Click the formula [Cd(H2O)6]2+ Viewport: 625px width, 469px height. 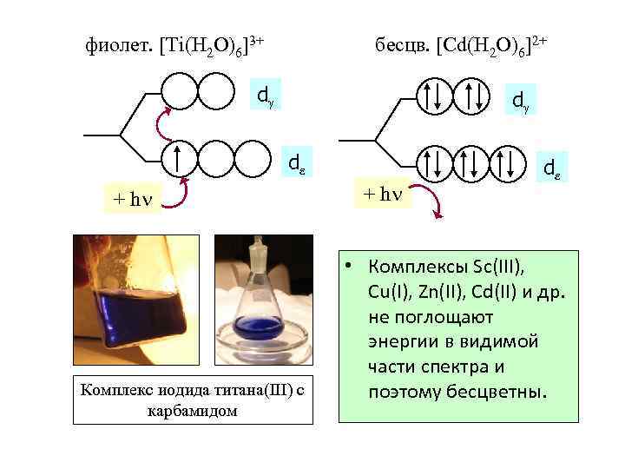coord(491,43)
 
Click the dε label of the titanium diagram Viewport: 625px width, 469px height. coord(296,162)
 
